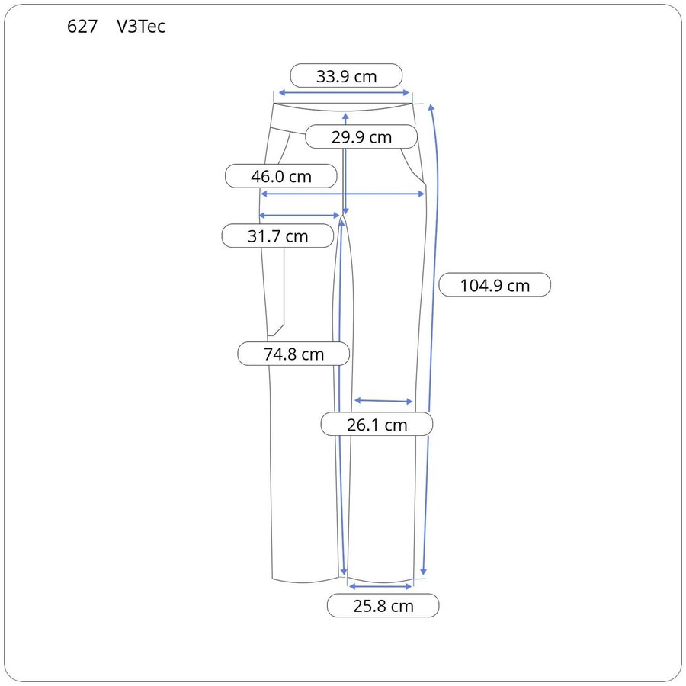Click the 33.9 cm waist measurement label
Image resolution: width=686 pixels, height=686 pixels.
click(346, 76)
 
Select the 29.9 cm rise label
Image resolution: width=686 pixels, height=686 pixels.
click(361, 137)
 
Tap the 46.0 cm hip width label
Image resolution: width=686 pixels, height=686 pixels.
click(280, 176)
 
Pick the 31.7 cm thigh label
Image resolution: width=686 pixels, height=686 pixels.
click(277, 236)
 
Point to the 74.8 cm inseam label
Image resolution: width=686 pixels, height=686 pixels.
click(293, 354)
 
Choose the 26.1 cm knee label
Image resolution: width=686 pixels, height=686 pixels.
click(377, 425)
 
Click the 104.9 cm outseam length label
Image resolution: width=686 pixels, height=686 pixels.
click(495, 285)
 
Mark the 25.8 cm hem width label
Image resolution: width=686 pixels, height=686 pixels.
click(383, 606)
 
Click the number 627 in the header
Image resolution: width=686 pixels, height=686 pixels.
click(82, 27)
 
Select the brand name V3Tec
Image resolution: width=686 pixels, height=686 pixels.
click(141, 27)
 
